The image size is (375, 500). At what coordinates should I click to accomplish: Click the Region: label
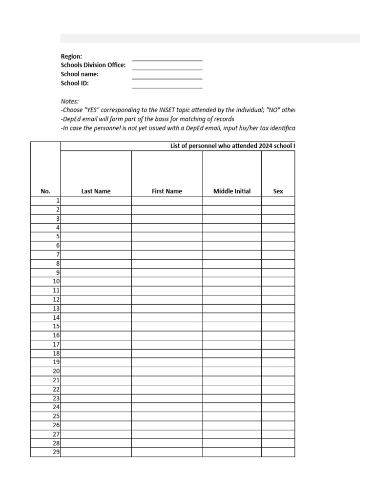coord(71,57)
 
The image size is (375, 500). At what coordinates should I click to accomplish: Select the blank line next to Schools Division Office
coord(167,66)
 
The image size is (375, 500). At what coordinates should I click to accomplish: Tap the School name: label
coord(80,74)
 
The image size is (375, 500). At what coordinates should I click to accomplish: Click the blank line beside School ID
coord(167,84)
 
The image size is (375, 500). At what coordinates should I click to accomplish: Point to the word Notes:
coord(69,101)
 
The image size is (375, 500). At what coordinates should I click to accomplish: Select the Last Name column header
coord(96,191)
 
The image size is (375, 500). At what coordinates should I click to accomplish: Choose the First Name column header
coord(167,191)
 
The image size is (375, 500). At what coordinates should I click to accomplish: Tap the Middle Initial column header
coord(232,191)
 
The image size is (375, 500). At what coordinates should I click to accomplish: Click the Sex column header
coord(278,191)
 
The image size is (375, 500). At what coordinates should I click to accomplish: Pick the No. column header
coord(45,191)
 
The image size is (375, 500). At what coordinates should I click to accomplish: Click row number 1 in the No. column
coord(58,201)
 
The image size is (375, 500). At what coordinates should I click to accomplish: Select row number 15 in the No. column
coord(56,326)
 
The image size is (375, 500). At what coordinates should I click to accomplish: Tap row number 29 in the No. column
coord(56,452)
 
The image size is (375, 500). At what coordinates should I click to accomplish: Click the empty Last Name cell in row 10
coord(96,281)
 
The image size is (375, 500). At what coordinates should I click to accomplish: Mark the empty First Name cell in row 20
coord(167,371)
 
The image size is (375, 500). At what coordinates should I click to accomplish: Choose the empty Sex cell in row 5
coord(278,236)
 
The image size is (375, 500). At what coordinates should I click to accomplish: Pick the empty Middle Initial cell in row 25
coord(232,416)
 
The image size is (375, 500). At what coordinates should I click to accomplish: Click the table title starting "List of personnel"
coord(232,146)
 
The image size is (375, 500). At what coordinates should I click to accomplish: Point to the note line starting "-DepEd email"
coord(147,119)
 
